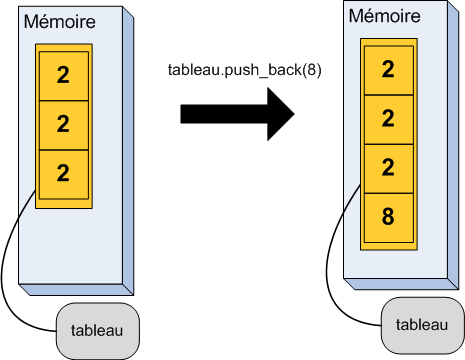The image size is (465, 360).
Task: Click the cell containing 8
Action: click(388, 216)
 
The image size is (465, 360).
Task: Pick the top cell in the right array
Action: click(388, 69)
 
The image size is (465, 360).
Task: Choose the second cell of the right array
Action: click(388, 118)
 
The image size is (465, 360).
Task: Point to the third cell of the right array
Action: click(388, 167)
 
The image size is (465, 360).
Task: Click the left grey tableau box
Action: click(96, 330)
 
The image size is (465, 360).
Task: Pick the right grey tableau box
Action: click(421, 324)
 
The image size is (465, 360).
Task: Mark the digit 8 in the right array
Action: click(388, 216)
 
